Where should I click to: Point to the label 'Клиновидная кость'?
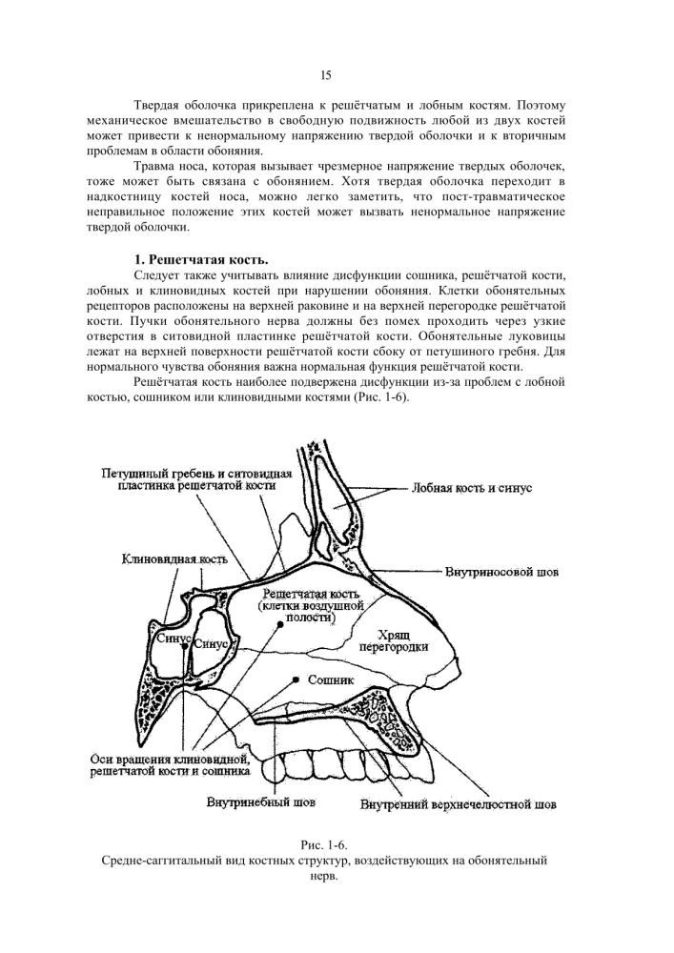(173, 558)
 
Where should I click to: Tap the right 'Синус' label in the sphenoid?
(212, 644)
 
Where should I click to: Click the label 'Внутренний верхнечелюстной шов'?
(457, 805)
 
